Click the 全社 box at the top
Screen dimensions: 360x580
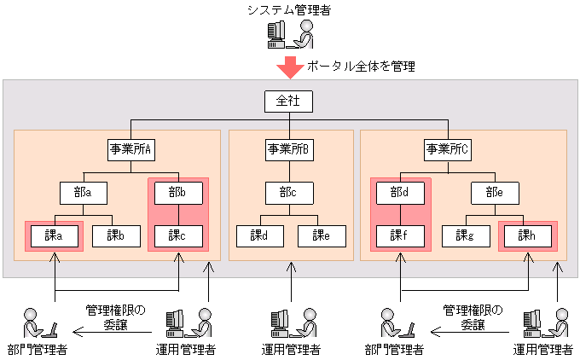288,101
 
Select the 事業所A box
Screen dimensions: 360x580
130,149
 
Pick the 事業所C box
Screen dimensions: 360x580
447,149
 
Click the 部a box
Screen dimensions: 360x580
83,193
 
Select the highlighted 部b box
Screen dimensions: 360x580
178,193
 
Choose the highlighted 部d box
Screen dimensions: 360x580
400,193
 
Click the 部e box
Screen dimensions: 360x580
495,193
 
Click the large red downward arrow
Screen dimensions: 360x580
289,67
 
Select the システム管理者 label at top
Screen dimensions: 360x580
289,9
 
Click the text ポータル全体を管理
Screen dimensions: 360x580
361,66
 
